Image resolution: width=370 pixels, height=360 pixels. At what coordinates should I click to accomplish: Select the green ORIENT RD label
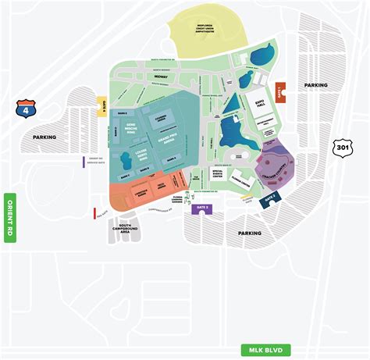point(10,216)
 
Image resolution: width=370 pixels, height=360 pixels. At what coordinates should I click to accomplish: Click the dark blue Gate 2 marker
point(269,198)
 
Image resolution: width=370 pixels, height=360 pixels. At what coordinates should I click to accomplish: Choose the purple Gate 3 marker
point(203,209)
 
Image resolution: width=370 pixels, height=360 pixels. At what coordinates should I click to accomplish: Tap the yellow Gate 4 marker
point(102,107)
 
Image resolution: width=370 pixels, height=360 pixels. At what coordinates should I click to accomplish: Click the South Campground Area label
point(124,228)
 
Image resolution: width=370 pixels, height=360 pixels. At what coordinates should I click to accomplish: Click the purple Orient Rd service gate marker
point(84,162)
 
